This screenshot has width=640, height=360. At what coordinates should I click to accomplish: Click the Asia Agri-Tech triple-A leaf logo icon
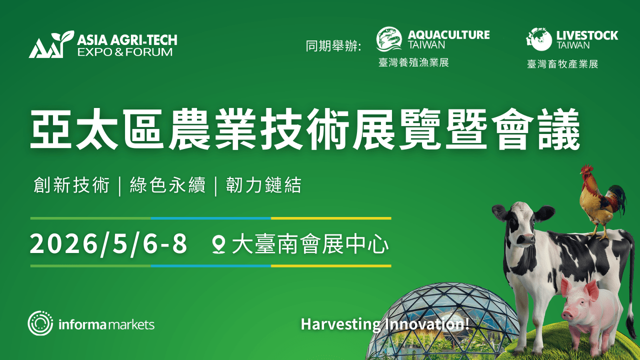point(48,45)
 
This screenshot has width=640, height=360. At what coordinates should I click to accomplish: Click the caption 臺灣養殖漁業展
point(413,62)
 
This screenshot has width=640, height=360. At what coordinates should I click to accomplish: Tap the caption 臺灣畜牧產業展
point(562,64)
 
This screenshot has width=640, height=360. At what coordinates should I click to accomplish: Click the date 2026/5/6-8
point(108,244)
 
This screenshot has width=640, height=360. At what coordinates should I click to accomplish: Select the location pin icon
point(218,245)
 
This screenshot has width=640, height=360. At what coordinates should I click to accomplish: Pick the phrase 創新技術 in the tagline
point(71,185)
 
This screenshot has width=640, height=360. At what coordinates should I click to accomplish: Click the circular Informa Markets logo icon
point(40,323)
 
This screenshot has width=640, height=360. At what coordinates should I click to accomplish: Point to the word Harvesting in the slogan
point(340,324)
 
